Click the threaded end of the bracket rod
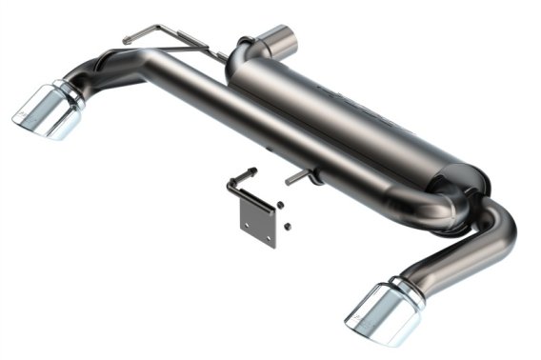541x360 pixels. coord(251,172)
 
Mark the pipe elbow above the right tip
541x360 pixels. coord(495,238)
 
